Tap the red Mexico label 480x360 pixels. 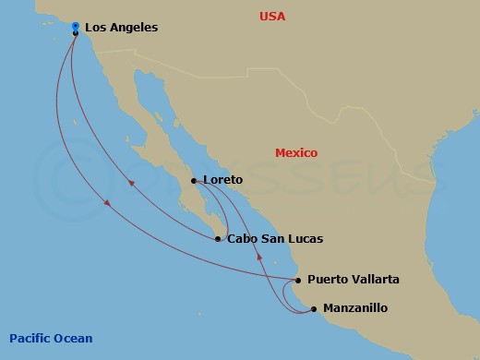pos(296,153)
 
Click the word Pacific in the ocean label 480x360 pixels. pos(32,338)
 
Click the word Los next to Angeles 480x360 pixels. pos(95,28)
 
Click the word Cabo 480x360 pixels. pos(242,239)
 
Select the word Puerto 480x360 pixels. pos(328,279)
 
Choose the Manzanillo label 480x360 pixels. pos(354,308)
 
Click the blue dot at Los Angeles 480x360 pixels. pos(75,26)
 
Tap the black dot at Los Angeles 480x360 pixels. pos(75,33)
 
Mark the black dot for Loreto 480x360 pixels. pos(194,181)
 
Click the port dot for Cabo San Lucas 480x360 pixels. pos(218,239)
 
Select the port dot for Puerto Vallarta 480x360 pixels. pos(298,280)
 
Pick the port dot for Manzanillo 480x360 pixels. pos(314,308)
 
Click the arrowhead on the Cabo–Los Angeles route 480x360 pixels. pos(131,183)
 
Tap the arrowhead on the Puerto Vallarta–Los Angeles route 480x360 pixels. pos(108,202)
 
